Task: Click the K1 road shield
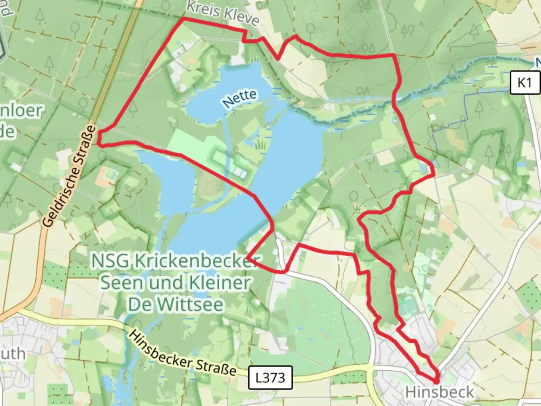click(525, 82)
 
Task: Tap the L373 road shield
click(270, 377)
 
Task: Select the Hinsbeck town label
click(440, 392)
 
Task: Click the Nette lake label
click(240, 99)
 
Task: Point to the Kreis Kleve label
click(222, 14)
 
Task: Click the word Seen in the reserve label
click(122, 282)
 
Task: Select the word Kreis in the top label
click(203, 9)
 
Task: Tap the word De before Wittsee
click(139, 304)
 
